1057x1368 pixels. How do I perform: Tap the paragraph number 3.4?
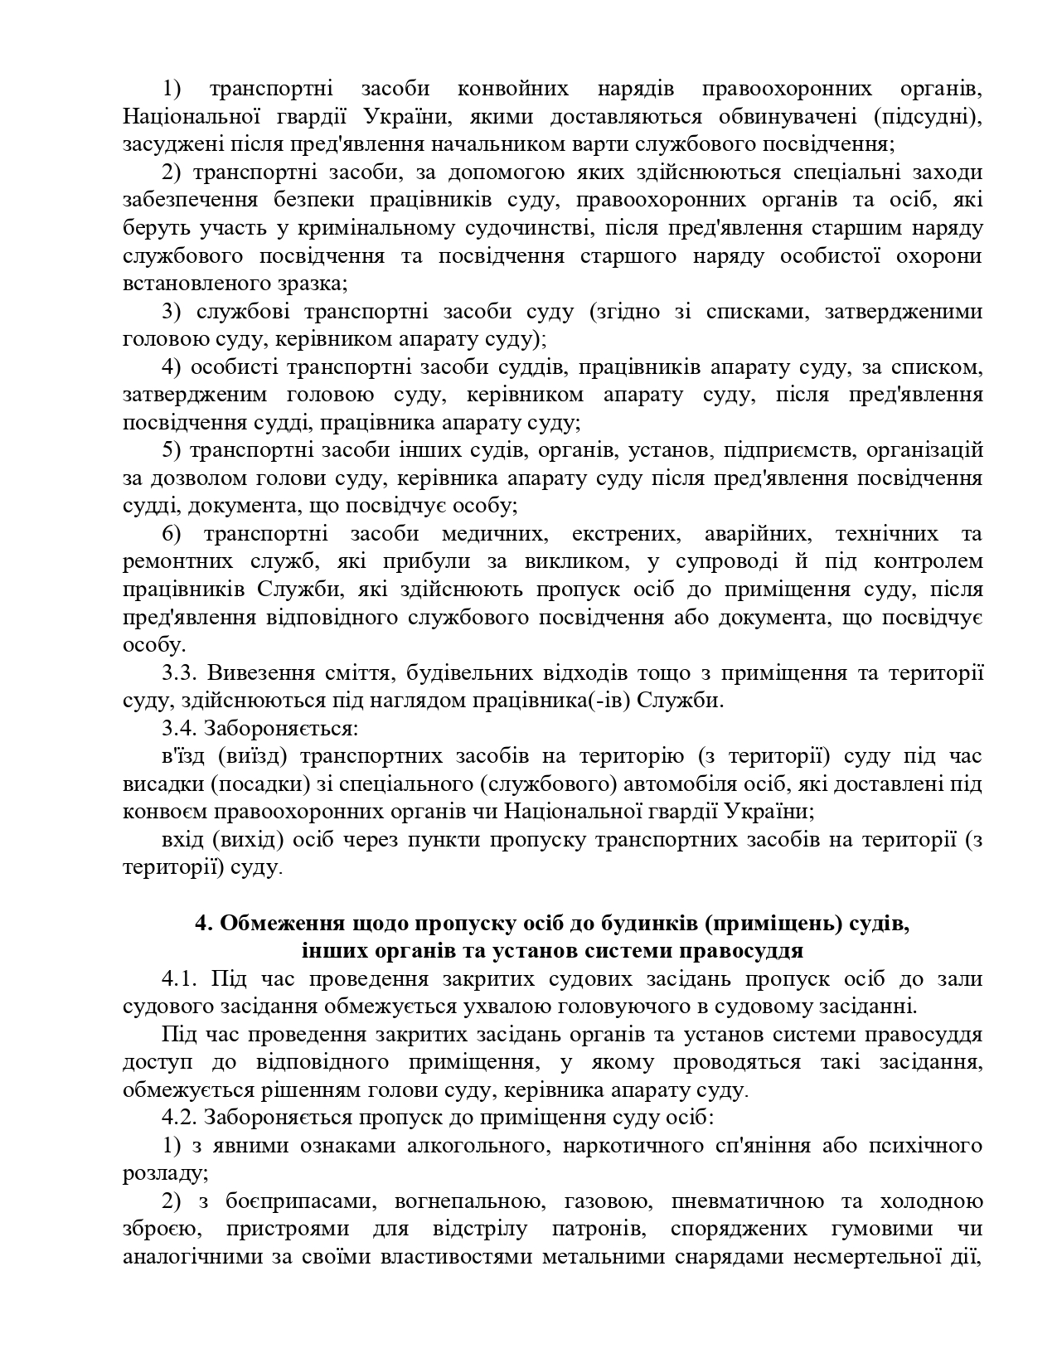pos(178,729)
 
